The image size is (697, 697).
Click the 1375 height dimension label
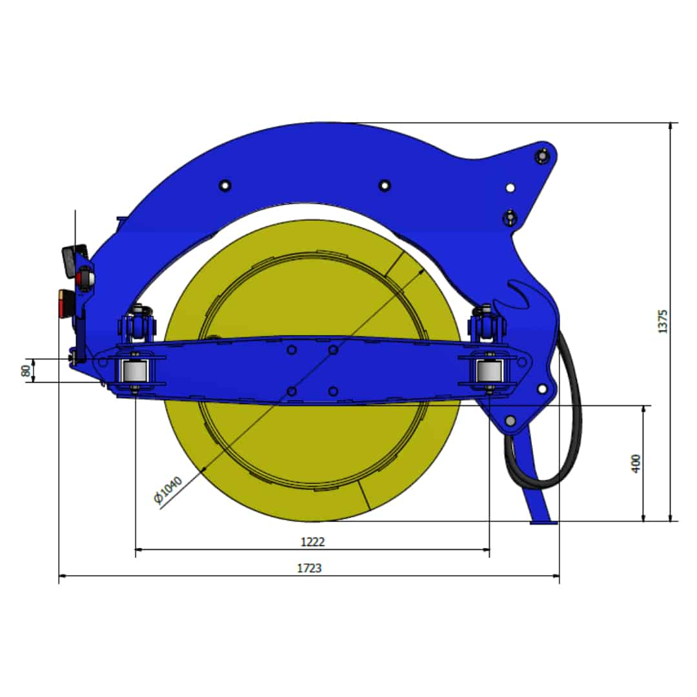pyautogui.click(x=662, y=321)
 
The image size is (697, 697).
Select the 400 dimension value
pyautogui.click(x=636, y=463)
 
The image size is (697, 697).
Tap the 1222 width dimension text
pyautogui.click(x=312, y=541)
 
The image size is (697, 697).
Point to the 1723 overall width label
pyautogui.click(x=309, y=568)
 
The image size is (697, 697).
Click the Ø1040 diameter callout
pyautogui.click(x=168, y=490)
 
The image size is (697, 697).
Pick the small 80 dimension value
pyautogui.click(x=26, y=370)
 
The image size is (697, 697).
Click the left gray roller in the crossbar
pyautogui.click(x=134, y=371)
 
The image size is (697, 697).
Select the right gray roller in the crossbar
pyautogui.click(x=489, y=370)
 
